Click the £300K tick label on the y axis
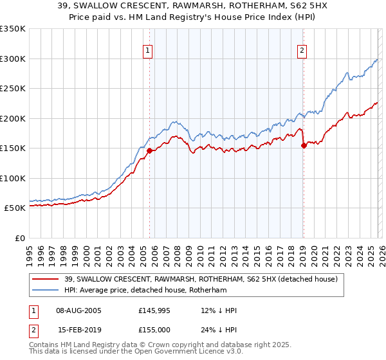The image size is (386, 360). (x=12, y=59)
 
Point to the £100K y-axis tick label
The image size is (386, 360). (x=12, y=178)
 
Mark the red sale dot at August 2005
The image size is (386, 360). (x=149, y=150)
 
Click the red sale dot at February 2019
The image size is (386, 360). (x=304, y=145)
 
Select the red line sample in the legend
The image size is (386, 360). (x=46, y=278)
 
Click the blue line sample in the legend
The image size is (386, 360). (x=46, y=290)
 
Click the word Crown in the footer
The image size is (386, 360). (x=167, y=345)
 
